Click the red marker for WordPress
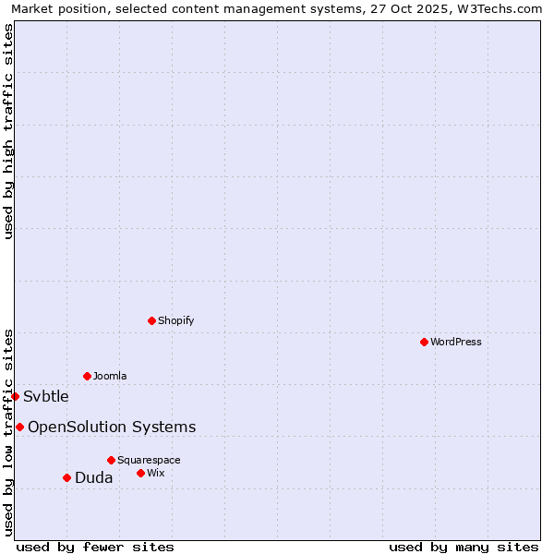[424, 342]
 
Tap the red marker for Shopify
[151, 320]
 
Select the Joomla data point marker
[87, 376]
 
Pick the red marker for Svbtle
[15, 396]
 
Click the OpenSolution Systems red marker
[19, 427]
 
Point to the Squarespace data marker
[111, 460]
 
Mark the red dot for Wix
[140, 473]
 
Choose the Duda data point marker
[66, 477]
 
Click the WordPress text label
[456, 342]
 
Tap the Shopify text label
[176, 320]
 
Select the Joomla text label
[110, 376]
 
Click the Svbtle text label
[46, 397]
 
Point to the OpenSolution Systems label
[112, 427]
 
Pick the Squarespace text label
[149, 460]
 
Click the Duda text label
[94, 477]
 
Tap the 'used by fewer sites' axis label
[95, 547]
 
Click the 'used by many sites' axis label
[464, 547]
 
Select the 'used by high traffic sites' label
[8, 131]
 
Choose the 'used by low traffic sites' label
[8, 432]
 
